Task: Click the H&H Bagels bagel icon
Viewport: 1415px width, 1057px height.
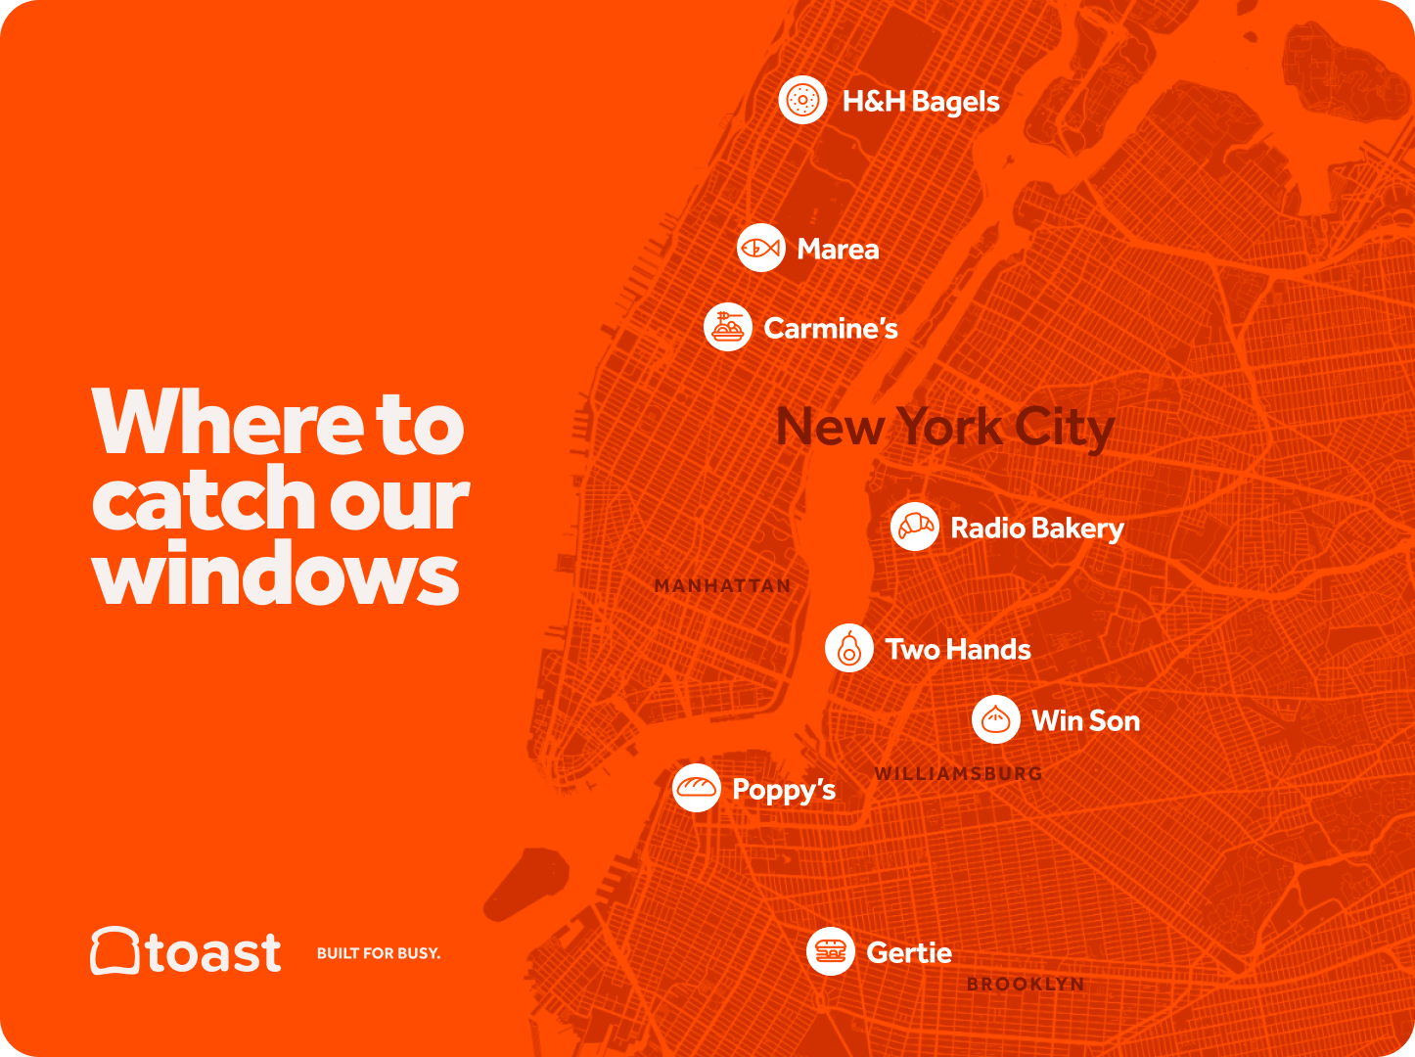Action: click(x=802, y=100)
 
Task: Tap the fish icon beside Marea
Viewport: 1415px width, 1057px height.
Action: click(x=760, y=249)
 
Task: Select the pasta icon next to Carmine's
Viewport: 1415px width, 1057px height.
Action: click(x=727, y=327)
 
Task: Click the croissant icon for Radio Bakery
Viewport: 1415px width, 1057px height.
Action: click(x=914, y=528)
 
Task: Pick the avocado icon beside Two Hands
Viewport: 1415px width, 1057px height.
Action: click(x=848, y=648)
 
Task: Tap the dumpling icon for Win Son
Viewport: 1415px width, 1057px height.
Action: click(x=995, y=720)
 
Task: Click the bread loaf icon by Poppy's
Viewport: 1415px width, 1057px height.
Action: click(x=696, y=788)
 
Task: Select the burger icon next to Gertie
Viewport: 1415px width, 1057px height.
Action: click(x=830, y=951)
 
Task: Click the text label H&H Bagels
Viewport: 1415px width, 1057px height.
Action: click(x=921, y=102)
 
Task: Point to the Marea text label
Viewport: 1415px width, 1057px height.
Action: click(x=838, y=250)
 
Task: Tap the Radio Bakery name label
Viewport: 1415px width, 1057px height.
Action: click(x=1037, y=528)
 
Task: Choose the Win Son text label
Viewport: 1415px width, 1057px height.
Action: click(x=1085, y=721)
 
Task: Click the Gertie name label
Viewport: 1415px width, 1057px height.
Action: click(x=909, y=952)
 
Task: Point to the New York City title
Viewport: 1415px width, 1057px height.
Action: click(x=944, y=428)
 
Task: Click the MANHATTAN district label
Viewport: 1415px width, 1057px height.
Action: click(x=722, y=586)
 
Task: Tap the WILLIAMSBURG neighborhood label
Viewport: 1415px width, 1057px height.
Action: click(x=958, y=773)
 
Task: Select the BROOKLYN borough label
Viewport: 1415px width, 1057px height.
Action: click(x=1026, y=984)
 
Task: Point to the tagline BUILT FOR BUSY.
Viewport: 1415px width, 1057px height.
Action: click(x=379, y=953)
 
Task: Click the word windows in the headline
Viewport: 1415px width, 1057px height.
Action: click(x=276, y=575)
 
